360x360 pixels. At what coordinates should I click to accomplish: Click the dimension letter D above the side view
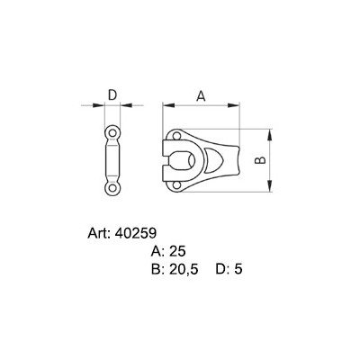pyautogui.click(x=112, y=94)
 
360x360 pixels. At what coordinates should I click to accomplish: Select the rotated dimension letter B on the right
pyautogui.click(x=259, y=159)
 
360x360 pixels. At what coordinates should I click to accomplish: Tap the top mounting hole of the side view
pyautogui.click(x=112, y=132)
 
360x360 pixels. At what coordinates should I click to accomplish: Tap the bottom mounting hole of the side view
pyautogui.click(x=112, y=188)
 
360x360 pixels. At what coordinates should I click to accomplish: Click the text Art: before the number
pyautogui.click(x=97, y=232)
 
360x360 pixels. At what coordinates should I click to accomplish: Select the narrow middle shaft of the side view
pyautogui.click(x=112, y=160)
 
